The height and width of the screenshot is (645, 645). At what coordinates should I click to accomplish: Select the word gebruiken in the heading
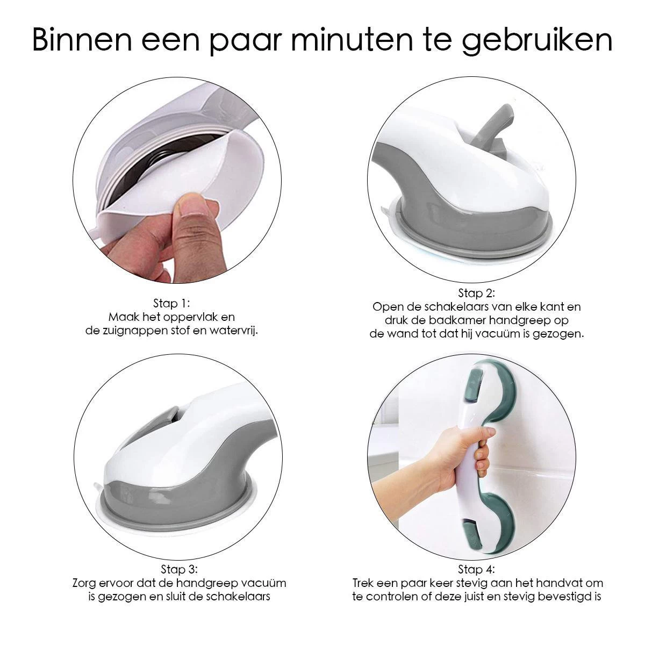pos(538,40)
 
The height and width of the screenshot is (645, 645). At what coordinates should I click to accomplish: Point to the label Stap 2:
pos(476,293)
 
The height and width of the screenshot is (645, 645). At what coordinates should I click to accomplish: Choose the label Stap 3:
pos(179,569)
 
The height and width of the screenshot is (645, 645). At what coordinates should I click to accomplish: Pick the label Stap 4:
pos(477,569)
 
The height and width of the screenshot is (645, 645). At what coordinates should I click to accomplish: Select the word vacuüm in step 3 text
pos(263,583)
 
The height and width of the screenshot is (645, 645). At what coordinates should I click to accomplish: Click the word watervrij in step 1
pos(236,331)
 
